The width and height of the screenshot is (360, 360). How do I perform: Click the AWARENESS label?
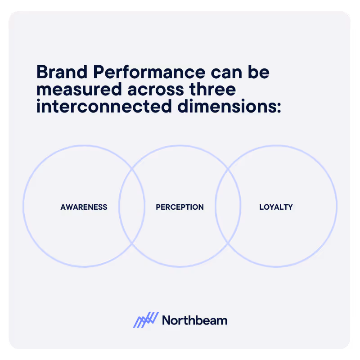[84, 207]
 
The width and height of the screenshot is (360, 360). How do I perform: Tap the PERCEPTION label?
[180, 207]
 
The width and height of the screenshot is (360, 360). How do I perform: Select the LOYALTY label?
[276, 207]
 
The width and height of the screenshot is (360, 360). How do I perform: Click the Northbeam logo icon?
[146, 320]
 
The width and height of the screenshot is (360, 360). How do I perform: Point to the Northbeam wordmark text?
[194, 320]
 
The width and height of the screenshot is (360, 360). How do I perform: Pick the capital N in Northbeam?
[166, 320]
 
